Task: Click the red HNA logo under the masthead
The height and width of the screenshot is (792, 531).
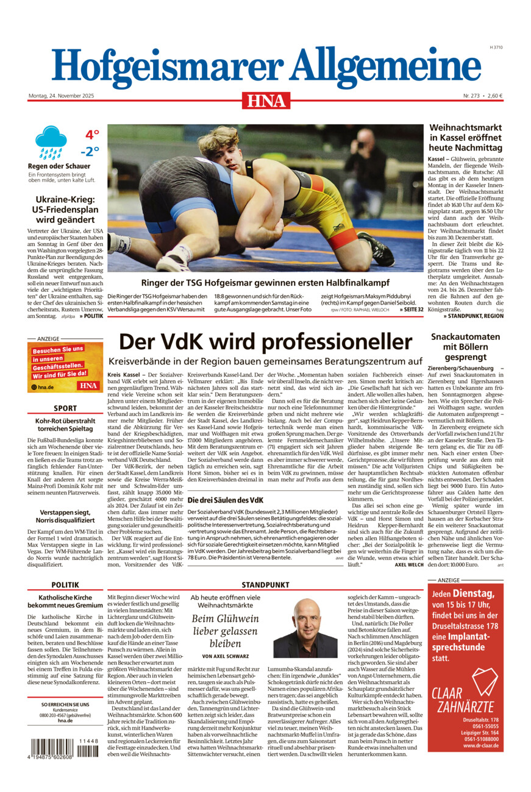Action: [x=266, y=100]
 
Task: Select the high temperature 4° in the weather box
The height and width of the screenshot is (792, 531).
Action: [x=91, y=134]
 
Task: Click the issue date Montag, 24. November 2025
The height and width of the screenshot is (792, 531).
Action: [x=61, y=96]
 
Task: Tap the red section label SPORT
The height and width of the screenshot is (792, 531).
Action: [x=65, y=408]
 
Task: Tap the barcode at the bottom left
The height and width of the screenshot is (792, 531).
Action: [x=63, y=748]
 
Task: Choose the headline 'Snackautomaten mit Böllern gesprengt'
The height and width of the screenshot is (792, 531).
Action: [x=465, y=347]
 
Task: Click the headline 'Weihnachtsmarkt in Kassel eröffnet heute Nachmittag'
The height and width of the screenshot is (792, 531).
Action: [x=465, y=138]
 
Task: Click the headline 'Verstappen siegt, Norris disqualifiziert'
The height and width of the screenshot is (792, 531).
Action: [x=65, y=500]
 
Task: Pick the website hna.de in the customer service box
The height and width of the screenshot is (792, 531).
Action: [x=65, y=721]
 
